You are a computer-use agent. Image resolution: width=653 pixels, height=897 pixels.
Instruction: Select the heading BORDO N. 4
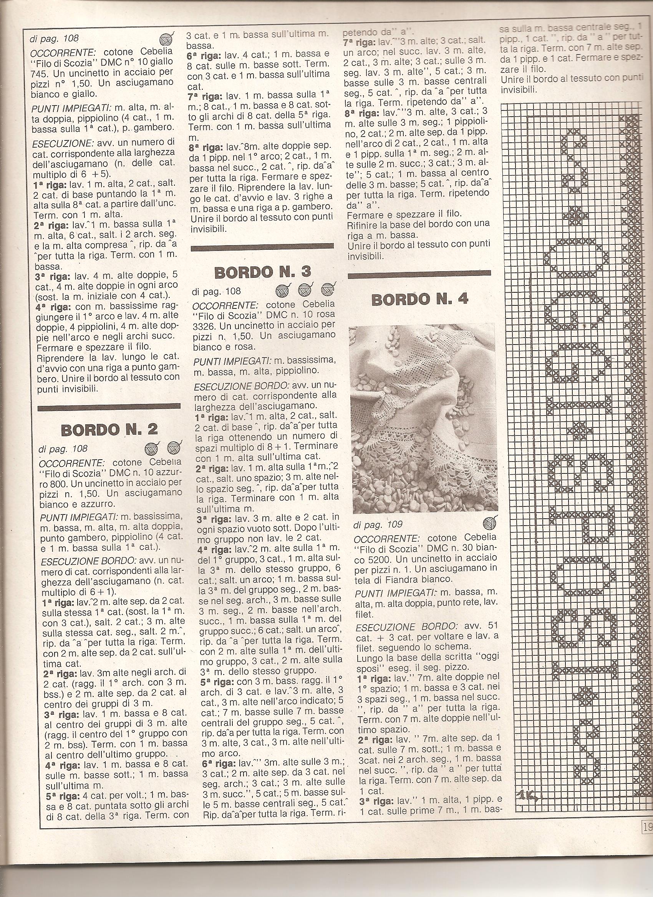(x=420, y=299)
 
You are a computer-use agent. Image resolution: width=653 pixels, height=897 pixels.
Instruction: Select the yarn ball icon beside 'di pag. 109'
(x=489, y=524)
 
